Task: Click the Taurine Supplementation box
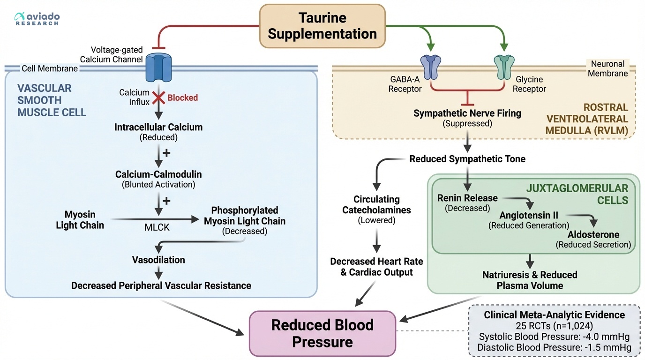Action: coord(322,26)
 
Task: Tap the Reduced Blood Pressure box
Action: coord(322,333)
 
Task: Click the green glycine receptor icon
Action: coord(504,67)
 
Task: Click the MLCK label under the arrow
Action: coord(157,227)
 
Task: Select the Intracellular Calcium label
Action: coord(158,127)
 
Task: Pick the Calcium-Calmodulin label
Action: coord(158,174)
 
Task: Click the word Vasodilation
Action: coord(158,260)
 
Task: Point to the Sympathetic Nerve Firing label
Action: coord(467,113)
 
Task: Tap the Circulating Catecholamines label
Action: coord(377,205)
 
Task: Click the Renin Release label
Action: coord(467,198)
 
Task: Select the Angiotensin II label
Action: coord(528,216)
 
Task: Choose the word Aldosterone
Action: coord(593,234)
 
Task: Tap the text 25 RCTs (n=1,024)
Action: coord(554,326)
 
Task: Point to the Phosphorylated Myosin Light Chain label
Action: coord(244,216)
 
